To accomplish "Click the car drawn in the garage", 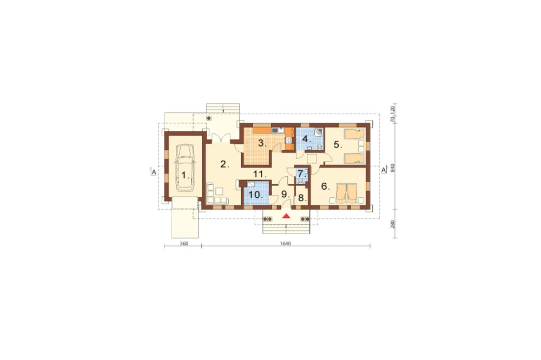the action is [x=185, y=168].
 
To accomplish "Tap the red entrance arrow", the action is [x=286, y=216].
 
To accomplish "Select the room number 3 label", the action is [x=262, y=143].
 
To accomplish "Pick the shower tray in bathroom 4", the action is [x=320, y=132].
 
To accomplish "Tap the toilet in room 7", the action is [x=301, y=181].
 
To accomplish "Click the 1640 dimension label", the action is [x=285, y=243].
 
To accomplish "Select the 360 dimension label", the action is [x=184, y=243].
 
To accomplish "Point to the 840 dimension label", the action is [x=392, y=168].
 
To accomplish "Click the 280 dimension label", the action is [x=392, y=224].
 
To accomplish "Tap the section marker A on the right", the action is [x=384, y=170].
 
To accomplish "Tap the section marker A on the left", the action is [x=154, y=171].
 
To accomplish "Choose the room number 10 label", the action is [x=256, y=195].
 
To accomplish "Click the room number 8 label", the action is [x=302, y=198].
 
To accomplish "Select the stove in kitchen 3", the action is [x=288, y=139].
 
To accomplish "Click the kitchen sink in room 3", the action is [x=278, y=130].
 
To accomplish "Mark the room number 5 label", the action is [x=338, y=145].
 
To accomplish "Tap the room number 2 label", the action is [x=225, y=164].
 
